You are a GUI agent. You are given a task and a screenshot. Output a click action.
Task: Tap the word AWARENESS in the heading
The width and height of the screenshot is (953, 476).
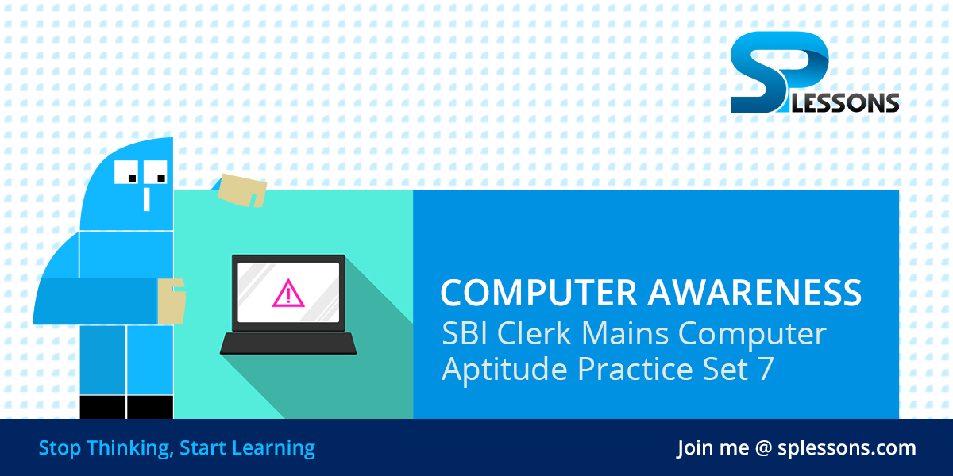pos(754,293)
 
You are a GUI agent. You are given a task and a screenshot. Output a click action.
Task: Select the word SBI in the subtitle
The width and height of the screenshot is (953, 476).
pos(466,335)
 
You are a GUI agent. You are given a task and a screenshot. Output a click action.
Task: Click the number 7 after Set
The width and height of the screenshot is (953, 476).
pos(765,370)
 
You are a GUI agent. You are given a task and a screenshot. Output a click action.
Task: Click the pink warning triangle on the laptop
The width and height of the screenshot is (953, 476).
pos(287,294)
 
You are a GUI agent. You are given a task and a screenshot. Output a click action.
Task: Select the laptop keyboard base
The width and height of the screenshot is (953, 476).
pos(287,344)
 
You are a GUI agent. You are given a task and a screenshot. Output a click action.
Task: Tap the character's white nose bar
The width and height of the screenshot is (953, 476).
pos(147,198)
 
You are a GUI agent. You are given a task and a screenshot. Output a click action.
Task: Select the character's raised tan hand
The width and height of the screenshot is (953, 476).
pos(242,189)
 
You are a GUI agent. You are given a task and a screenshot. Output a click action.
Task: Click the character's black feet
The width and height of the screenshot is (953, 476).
pos(127,407)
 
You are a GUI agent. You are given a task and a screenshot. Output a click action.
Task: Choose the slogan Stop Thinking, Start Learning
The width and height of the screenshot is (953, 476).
pos(176,448)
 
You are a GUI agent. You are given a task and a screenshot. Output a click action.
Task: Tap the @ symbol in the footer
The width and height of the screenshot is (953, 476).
pos(763,448)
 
